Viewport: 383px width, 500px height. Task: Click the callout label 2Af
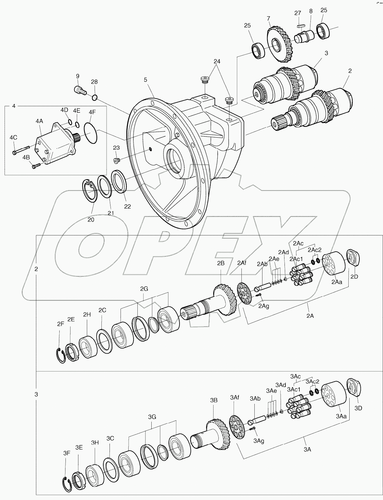242,263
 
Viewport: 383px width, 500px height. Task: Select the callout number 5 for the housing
145,79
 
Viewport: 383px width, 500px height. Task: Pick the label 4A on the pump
39,121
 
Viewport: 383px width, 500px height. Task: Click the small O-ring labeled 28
94,97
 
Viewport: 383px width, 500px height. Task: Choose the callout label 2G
144,289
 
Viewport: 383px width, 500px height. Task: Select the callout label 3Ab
255,398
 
